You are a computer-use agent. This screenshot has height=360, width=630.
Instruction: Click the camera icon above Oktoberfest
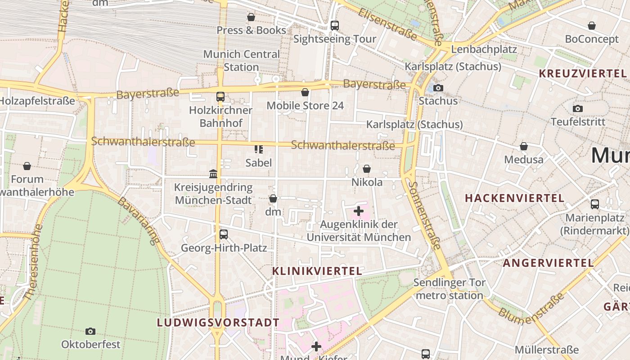point(90,331)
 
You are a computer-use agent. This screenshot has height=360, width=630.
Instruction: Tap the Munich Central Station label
point(241,61)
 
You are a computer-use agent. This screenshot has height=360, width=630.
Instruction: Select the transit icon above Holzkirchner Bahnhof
point(220,96)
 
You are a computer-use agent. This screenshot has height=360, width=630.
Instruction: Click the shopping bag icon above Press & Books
point(251,17)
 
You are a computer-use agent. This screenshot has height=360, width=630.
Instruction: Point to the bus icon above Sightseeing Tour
point(334,26)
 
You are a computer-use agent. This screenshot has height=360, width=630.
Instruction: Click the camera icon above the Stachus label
point(438,88)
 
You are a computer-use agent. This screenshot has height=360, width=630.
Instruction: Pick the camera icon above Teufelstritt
point(578,108)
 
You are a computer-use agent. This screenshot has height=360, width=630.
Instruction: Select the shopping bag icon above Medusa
point(524,146)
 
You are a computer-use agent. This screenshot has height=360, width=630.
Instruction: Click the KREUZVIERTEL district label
point(582,74)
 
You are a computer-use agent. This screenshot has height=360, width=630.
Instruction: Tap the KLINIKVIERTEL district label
point(317,271)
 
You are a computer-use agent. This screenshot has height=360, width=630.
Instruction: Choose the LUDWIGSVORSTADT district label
point(218,323)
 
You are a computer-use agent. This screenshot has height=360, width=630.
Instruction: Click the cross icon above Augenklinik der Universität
point(359,211)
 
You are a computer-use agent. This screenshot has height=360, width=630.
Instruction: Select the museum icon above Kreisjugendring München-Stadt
point(213,174)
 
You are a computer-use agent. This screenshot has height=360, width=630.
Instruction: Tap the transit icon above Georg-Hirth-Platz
point(224,234)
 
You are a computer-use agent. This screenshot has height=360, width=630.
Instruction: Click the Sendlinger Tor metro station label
point(449,289)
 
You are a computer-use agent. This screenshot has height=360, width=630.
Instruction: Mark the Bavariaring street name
point(139,220)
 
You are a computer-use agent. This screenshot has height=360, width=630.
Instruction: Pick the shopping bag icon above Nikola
point(367,169)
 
